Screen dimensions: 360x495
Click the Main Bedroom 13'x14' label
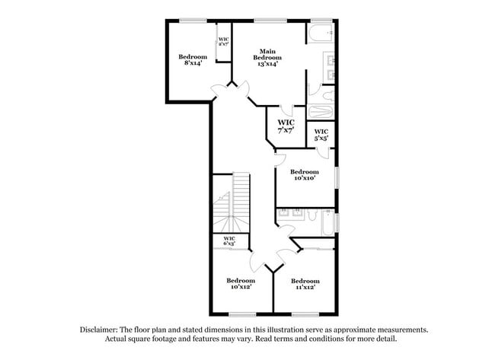pyautogui.click(x=268, y=58)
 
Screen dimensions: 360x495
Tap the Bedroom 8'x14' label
pyautogui.click(x=193, y=60)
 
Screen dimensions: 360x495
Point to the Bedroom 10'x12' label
pyautogui.click(x=240, y=283)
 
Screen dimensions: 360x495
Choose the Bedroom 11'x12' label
pyautogui.click(x=305, y=283)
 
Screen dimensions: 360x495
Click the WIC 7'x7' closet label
pyautogui.click(x=286, y=126)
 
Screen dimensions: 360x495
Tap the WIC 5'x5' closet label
pyautogui.click(x=321, y=135)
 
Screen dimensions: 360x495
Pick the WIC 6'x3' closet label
pyautogui.click(x=228, y=241)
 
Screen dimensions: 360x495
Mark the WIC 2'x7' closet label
pyautogui.click(x=224, y=42)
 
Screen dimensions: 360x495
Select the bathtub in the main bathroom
pyautogui.click(x=321, y=33)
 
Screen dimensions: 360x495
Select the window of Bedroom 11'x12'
pyautogui.click(x=305, y=314)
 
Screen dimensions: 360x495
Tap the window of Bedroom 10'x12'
pyautogui.click(x=241, y=314)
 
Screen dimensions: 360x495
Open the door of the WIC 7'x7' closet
pyautogui.click(x=284, y=111)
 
